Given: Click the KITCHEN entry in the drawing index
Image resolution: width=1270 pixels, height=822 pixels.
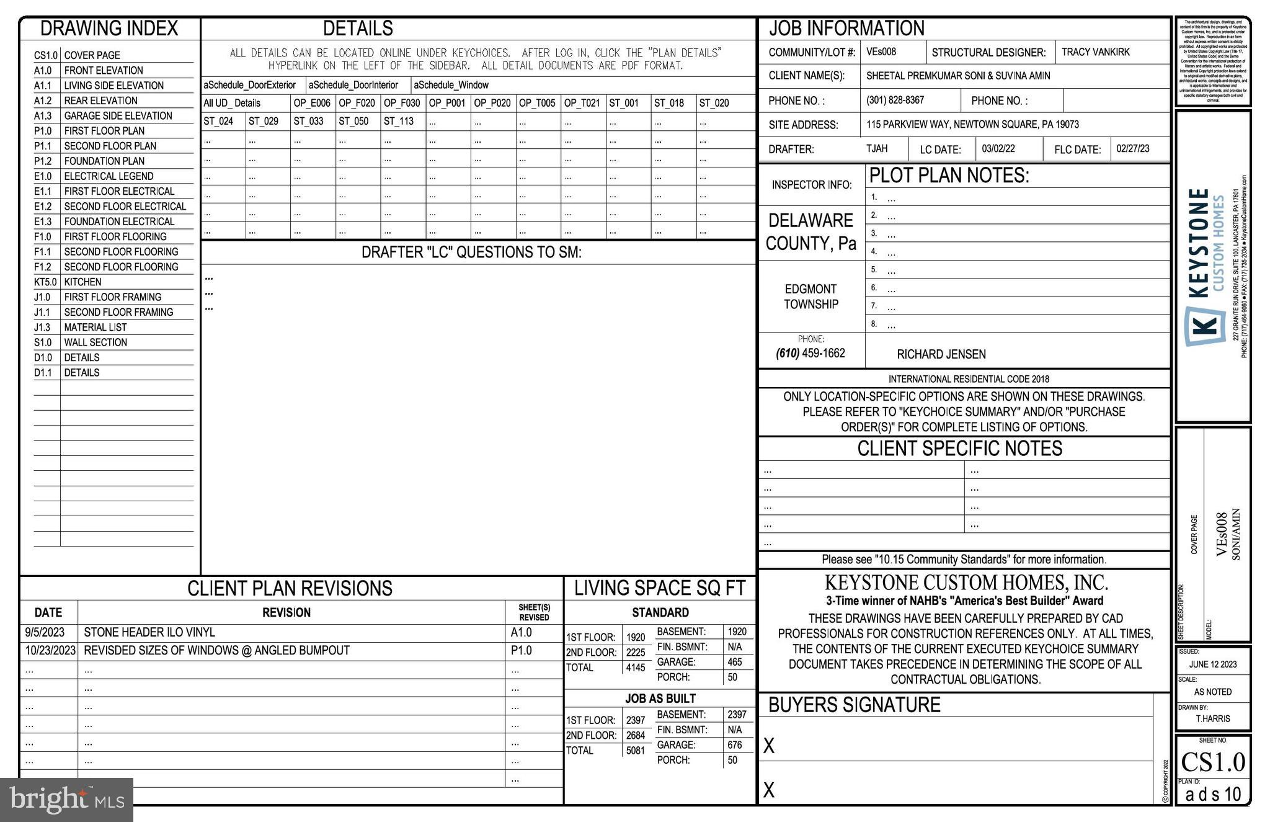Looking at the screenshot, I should point(82,282).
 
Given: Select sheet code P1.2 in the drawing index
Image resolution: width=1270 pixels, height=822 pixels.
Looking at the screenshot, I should point(43,161).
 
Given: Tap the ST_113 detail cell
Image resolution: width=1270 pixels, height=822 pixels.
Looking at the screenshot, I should point(398,121).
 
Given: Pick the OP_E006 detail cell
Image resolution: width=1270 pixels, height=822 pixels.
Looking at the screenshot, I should point(312,103).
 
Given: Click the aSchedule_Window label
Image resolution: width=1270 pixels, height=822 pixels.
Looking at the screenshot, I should point(451,85).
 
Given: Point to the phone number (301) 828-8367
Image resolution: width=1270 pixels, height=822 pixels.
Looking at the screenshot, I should point(895,100).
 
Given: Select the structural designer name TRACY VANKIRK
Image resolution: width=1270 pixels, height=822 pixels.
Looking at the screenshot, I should point(1095,52).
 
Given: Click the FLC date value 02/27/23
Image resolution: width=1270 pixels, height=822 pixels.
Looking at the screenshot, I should point(1132,149).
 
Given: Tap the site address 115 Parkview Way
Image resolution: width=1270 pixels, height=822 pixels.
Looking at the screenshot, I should point(972,124).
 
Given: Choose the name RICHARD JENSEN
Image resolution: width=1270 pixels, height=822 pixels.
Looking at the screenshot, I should point(941,354).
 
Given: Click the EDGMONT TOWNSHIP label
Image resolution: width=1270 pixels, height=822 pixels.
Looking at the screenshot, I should point(810,297).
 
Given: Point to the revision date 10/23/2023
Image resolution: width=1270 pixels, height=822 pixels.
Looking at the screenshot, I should point(50,650).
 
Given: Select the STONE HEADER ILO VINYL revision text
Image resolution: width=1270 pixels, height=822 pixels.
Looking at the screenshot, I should point(149,632).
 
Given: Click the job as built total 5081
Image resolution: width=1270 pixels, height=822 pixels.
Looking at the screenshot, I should point(635,751).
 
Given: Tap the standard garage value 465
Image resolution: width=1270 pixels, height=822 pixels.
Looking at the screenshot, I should point(734,662).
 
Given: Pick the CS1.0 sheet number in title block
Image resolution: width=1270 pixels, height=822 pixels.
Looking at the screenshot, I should point(1212,762).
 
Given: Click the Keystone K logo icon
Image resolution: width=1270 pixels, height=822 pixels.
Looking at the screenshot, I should point(1205,325).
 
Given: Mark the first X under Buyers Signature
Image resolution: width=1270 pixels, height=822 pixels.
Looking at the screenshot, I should point(768,746).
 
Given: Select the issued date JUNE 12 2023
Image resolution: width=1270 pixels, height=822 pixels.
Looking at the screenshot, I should point(1212,664).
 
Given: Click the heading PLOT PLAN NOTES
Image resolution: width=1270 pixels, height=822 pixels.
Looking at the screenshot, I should point(949,176).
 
